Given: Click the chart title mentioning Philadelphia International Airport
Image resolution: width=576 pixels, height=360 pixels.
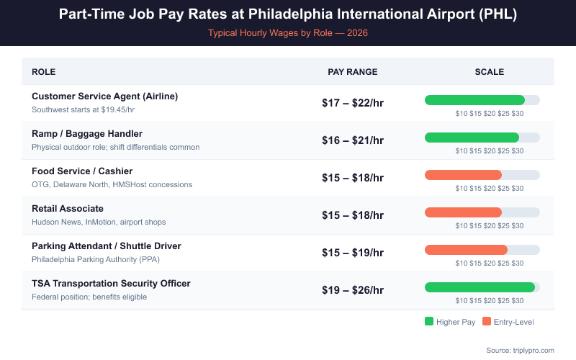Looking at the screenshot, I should pyautogui.click(x=288, y=15).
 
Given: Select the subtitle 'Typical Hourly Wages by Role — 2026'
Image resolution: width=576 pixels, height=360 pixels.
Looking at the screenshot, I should pyautogui.click(x=288, y=33).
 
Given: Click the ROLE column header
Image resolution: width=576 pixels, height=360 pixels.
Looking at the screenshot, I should pyautogui.click(x=43, y=72).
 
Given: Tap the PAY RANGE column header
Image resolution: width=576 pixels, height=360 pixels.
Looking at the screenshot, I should pyautogui.click(x=353, y=72).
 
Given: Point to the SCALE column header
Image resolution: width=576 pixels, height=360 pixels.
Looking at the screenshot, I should pyautogui.click(x=490, y=72).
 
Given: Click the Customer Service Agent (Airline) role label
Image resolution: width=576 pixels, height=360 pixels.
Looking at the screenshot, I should pyautogui.click(x=104, y=96).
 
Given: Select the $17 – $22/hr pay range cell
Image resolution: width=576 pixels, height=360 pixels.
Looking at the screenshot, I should pyautogui.click(x=353, y=103).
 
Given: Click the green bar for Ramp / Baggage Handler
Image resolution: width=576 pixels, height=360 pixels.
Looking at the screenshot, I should pyautogui.click(x=472, y=138).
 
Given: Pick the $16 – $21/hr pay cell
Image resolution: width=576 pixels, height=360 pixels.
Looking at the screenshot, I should pyautogui.click(x=353, y=140).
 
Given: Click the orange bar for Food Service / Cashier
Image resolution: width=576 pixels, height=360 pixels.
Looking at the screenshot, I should pyautogui.click(x=464, y=175).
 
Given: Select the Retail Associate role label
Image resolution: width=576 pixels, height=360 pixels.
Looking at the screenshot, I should pyautogui.click(x=68, y=209).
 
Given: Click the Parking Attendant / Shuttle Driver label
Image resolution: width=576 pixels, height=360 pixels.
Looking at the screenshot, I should pyautogui.click(x=107, y=246).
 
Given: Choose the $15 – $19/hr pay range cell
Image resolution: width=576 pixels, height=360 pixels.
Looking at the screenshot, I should pyautogui.click(x=353, y=253).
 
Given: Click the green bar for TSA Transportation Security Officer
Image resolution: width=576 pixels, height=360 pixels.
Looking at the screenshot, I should pyautogui.click(x=480, y=287).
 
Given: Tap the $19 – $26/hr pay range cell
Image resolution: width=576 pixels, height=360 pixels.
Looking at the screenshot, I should pyautogui.click(x=353, y=290).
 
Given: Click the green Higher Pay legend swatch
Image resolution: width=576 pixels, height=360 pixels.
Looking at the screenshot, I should pyautogui.click(x=429, y=322).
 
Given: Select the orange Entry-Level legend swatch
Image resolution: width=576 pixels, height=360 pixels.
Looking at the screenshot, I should pyautogui.click(x=487, y=322).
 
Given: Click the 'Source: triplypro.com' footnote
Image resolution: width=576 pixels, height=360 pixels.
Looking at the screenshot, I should pyautogui.click(x=520, y=350).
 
